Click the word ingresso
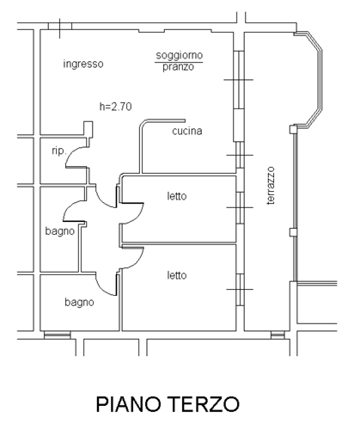[83, 64]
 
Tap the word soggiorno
[180, 55]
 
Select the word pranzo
[179, 67]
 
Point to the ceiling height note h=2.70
[115, 107]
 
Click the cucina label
[187, 131]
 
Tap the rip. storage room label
[59, 150]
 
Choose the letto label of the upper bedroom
[177, 196]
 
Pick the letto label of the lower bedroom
[177, 275]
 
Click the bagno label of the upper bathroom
[60, 231]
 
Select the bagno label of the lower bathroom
[79, 303]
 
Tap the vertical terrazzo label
[271, 186]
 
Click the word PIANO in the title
[128, 404]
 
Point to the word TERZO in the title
[202, 404]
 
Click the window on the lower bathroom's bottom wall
[58, 335]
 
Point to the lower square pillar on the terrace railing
[293, 232]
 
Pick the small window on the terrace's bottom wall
[278, 335]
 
